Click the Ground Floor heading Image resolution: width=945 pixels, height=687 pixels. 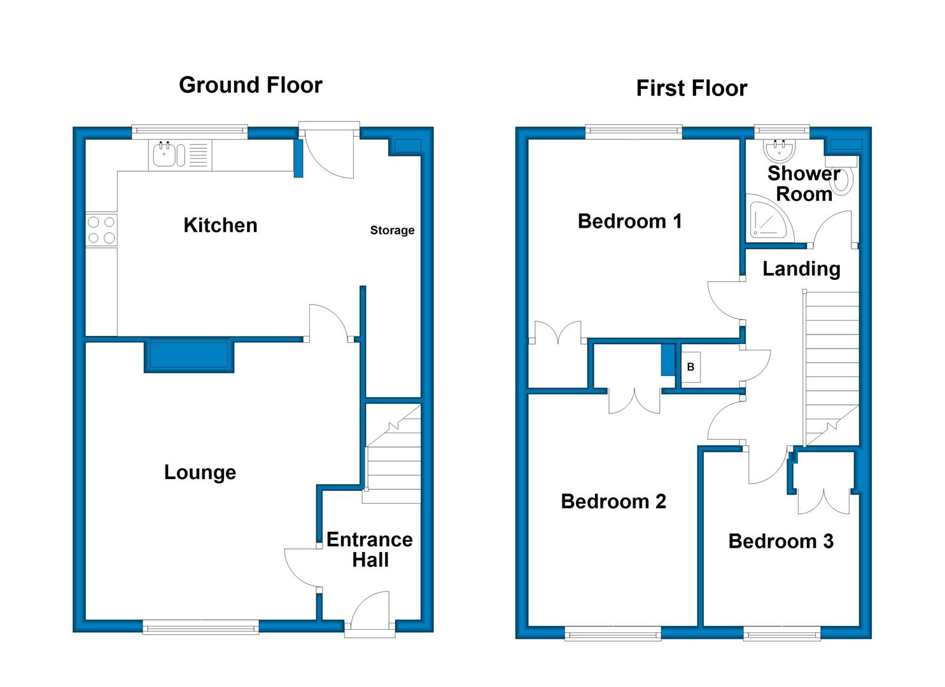point(251,85)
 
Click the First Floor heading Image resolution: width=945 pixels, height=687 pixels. point(692,88)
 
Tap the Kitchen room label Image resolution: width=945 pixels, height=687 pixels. point(220,225)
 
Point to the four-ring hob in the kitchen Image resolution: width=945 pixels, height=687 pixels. point(101,230)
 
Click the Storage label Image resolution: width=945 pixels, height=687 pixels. point(393,230)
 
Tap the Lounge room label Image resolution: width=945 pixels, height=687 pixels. point(200,473)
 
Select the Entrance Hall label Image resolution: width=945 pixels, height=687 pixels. point(370,550)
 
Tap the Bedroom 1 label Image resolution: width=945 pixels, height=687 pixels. point(629,221)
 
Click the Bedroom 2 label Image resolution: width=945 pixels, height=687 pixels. point(613,501)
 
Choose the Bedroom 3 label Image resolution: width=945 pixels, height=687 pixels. point(781,541)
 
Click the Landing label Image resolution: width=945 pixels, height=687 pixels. point(802,269)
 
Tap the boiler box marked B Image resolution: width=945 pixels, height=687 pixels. point(690,367)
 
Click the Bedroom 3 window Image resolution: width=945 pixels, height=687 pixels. point(781,634)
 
